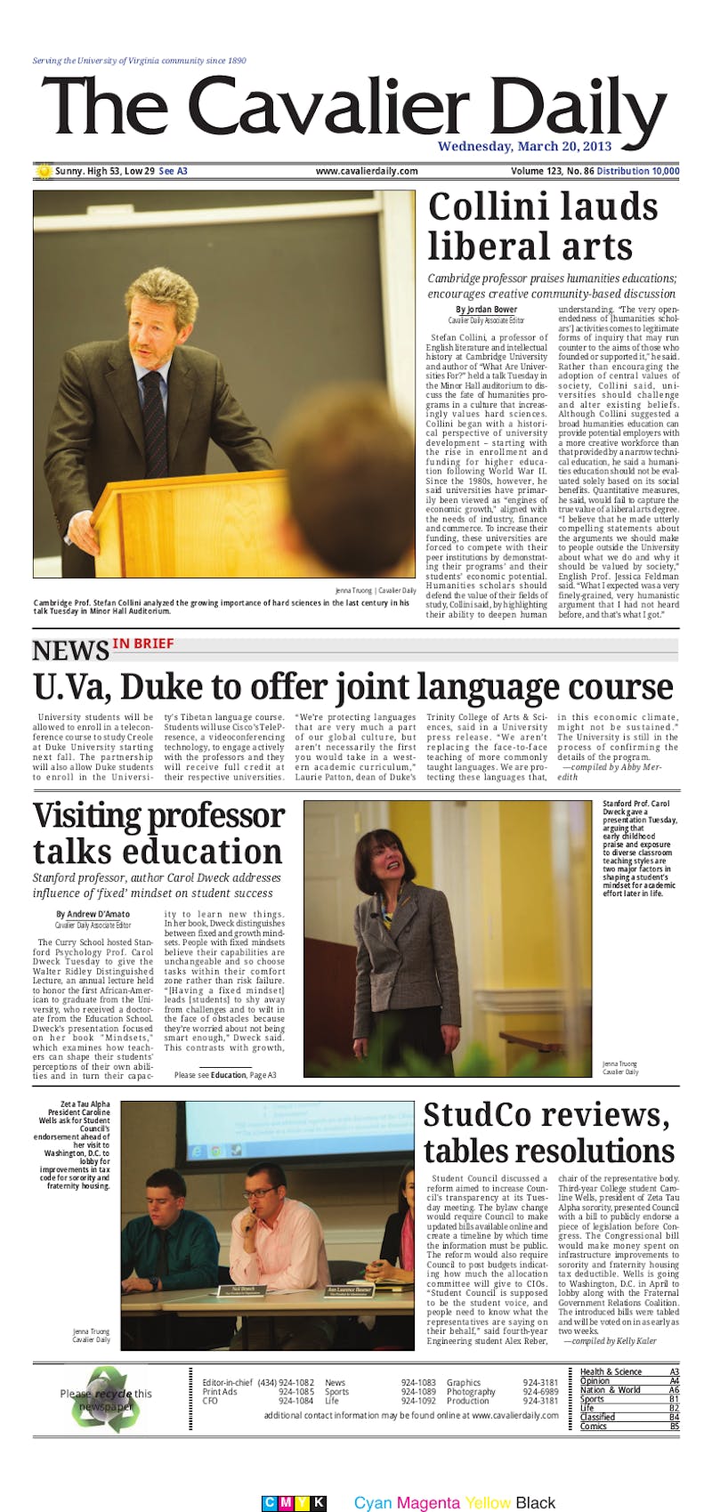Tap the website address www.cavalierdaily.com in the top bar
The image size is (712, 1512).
point(366,171)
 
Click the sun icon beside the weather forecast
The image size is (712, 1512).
point(43,170)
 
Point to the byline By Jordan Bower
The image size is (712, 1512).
point(486,310)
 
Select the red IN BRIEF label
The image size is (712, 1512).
point(142,643)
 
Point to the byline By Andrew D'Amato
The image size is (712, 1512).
point(93,914)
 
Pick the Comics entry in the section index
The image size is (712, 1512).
point(594,1427)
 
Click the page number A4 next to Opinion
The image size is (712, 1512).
point(674,1381)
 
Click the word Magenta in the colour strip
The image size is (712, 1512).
point(429,1503)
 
